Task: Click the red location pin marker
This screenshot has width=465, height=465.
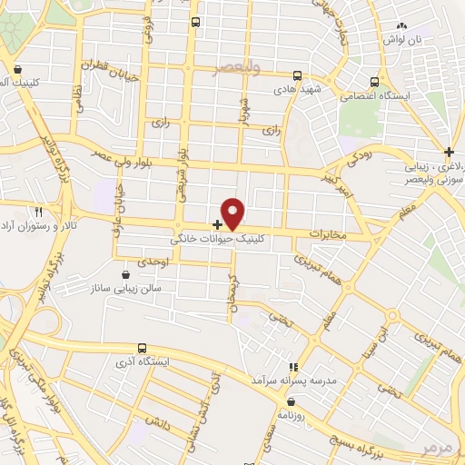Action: (233, 213)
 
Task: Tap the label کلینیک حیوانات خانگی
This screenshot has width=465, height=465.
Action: (221, 241)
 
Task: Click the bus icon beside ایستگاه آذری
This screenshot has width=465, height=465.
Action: (142, 348)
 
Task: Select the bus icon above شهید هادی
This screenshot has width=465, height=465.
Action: (298, 77)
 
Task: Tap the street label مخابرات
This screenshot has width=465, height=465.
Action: (327, 235)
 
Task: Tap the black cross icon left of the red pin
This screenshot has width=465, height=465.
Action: (216, 223)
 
